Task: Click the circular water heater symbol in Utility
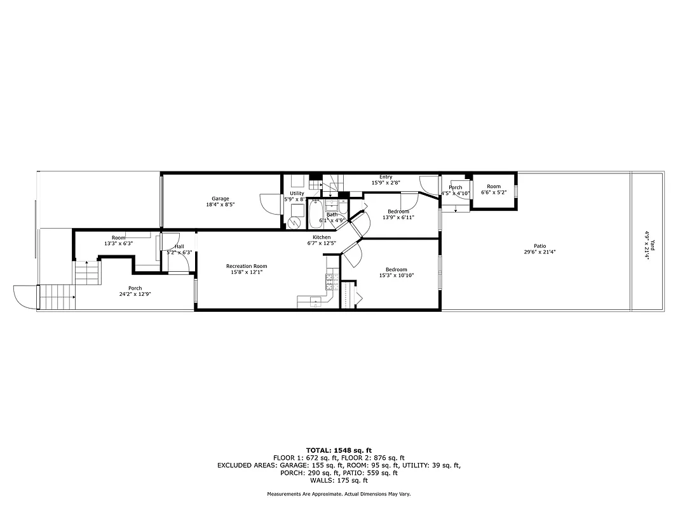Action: pyautogui.click(x=294, y=222)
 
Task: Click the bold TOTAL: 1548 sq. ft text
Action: pyautogui.click(x=339, y=450)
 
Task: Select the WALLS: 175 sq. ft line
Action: pyautogui.click(x=339, y=480)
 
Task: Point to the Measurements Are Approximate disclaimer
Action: pyautogui.click(x=339, y=494)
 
